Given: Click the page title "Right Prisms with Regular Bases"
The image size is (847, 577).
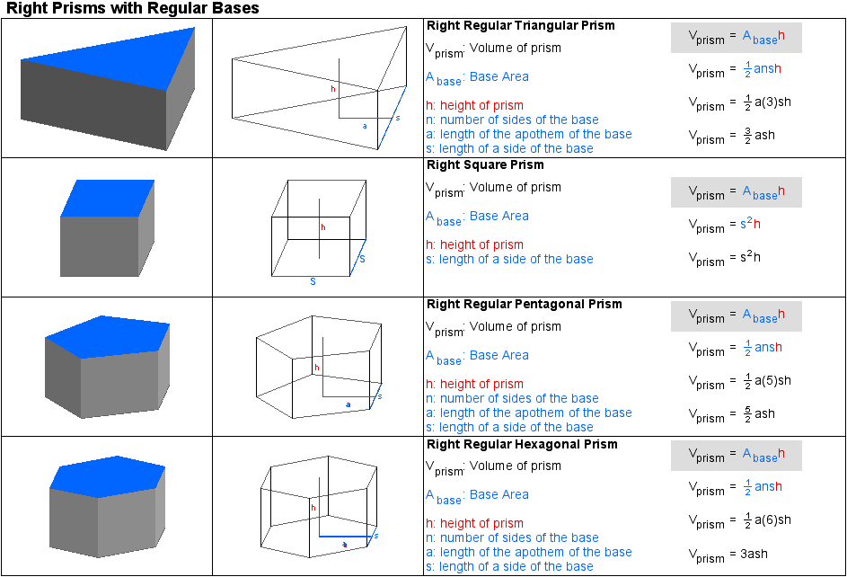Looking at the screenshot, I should (133, 9).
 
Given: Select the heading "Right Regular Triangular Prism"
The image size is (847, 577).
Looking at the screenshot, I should (521, 25).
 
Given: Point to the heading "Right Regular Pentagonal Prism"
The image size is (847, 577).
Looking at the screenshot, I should (525, 304).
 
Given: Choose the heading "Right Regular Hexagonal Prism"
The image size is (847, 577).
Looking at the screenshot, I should (523, 444).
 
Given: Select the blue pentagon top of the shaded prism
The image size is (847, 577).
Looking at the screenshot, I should (106, 335).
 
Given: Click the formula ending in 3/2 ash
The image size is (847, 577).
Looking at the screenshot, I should (731, 137).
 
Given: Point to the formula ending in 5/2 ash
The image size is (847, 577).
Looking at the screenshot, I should (731, 415).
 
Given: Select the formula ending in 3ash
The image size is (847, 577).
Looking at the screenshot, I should (728, 555).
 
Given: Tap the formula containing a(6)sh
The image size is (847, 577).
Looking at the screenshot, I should (739, 521).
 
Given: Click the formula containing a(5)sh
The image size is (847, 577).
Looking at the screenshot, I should (739, 382).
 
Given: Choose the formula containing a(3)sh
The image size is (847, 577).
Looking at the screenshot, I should (739, 103).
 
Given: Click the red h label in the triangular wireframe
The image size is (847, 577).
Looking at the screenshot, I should (333, 90).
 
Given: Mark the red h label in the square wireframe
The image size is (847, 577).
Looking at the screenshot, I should (322, 227).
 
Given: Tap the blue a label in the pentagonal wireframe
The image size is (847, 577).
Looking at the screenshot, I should (348, 404).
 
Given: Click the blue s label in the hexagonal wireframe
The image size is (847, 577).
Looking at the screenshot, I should (375, 536).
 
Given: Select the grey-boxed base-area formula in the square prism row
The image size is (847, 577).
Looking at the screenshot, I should (737, 192).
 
